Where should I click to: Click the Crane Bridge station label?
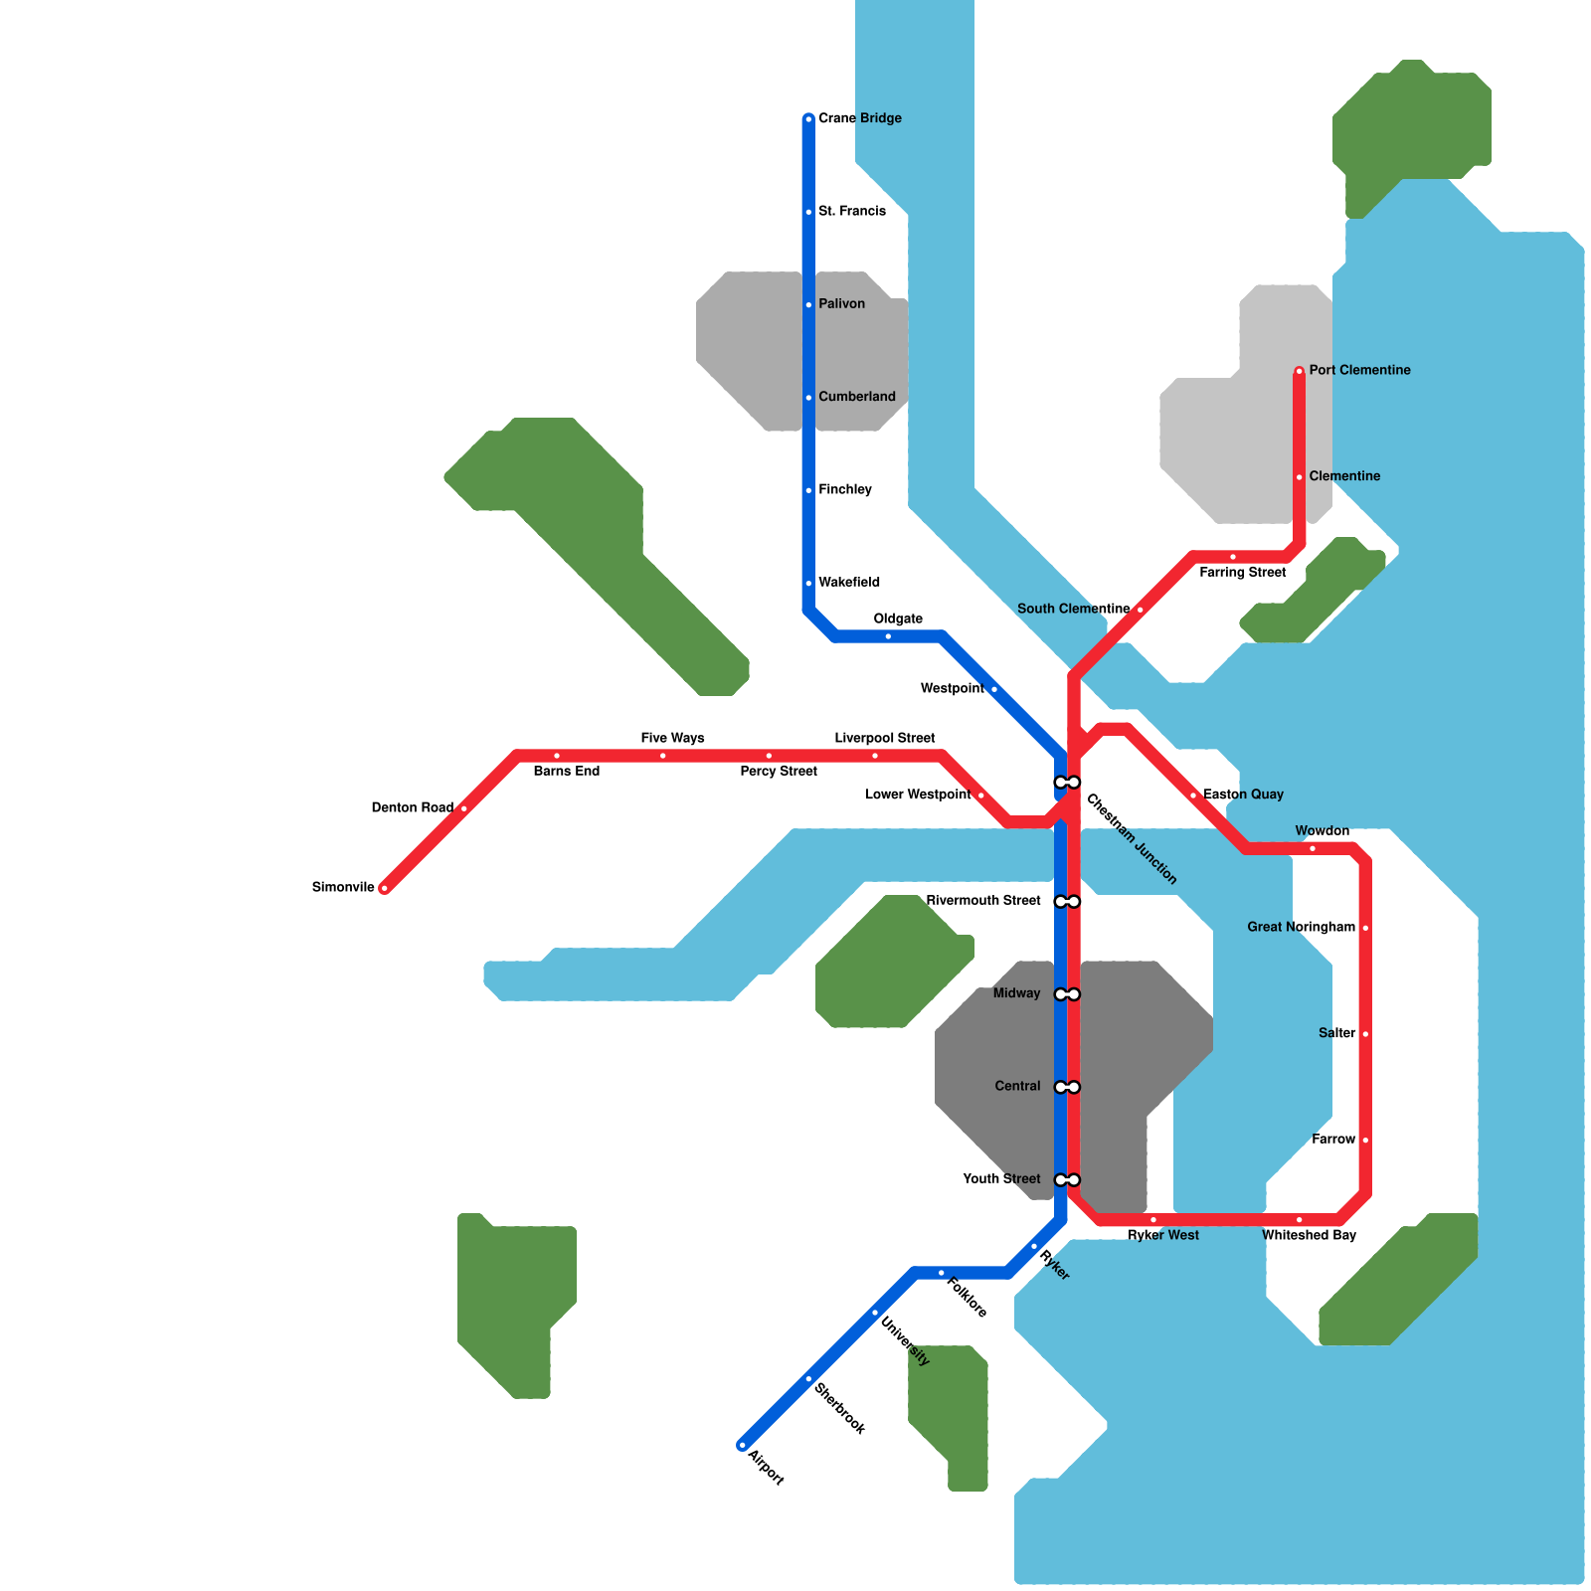point(859,118)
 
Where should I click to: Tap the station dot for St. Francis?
point(808,212)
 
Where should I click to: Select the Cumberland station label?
point(856,397)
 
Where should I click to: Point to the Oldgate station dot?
point(888,636)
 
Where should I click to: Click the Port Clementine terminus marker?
point(1299,372)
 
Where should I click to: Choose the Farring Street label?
point(1242,573)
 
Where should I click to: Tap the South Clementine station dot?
point(1140,610)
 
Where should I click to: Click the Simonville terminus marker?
point(384,888)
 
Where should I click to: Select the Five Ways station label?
point(672,738)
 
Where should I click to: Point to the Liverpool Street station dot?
point(875,756)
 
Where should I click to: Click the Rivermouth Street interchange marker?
point(1067,902)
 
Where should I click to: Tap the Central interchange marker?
point(1067,1087)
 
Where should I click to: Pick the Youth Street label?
point(1001,1179)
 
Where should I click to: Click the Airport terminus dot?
point(742,1445)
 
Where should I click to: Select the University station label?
point(905,1342)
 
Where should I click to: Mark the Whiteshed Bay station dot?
point(1299,1220)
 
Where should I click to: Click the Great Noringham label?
point(1301,928)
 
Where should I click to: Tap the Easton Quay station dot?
point(1193,795)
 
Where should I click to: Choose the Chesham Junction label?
point(1132,838)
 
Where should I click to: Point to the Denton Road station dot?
point(463,808)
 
